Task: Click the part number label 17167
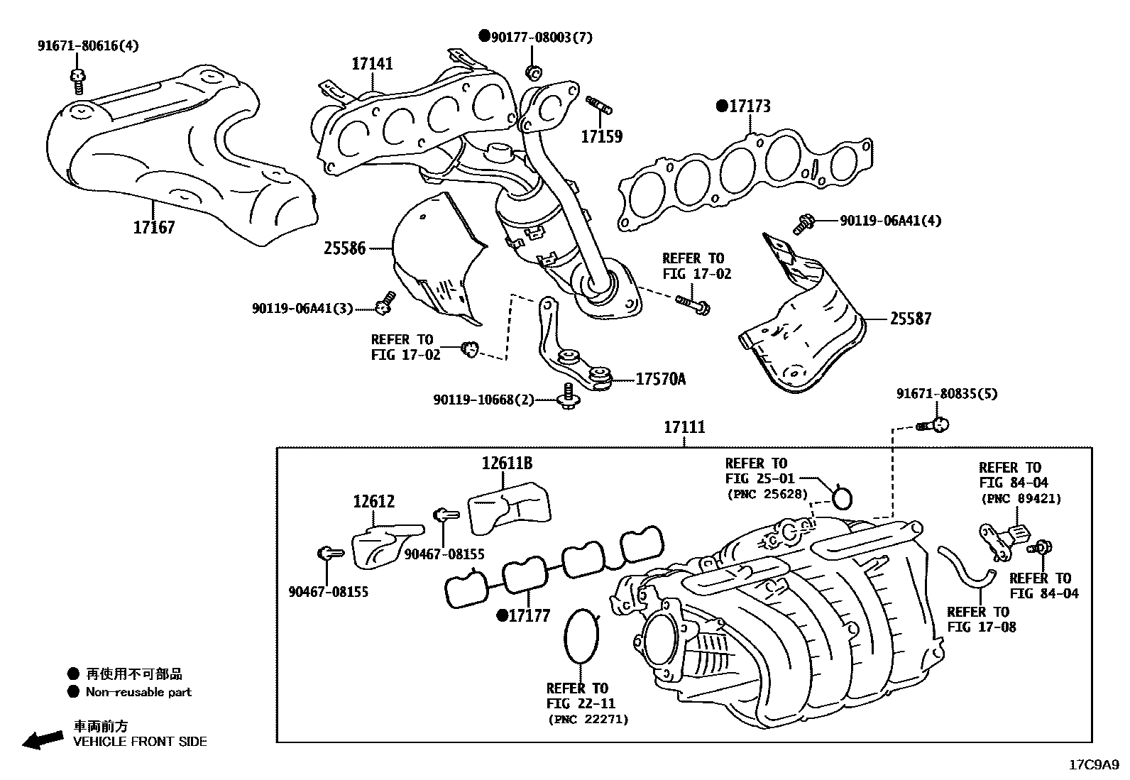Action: [x=153, y=228]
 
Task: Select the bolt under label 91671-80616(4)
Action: [x=77, y=81]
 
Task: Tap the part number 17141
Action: [x=372, y=64]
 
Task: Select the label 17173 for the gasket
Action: [x=750, y=106]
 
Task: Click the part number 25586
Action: [x=344, y=248]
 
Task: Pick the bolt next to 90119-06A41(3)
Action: [x=385, y=303]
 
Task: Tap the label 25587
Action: [x=910, y=319]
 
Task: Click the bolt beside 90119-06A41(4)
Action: [x=804, y=224]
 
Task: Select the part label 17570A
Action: [x=660, y=380]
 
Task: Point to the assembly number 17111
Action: [x=684, y=427]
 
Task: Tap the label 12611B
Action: [x=507, y=463]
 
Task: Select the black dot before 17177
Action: [x=501, y=615]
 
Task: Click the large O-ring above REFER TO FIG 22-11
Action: [x=581, y=636]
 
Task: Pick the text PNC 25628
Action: [x=767, y=494]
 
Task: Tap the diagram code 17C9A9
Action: [x=1093, y=765]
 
